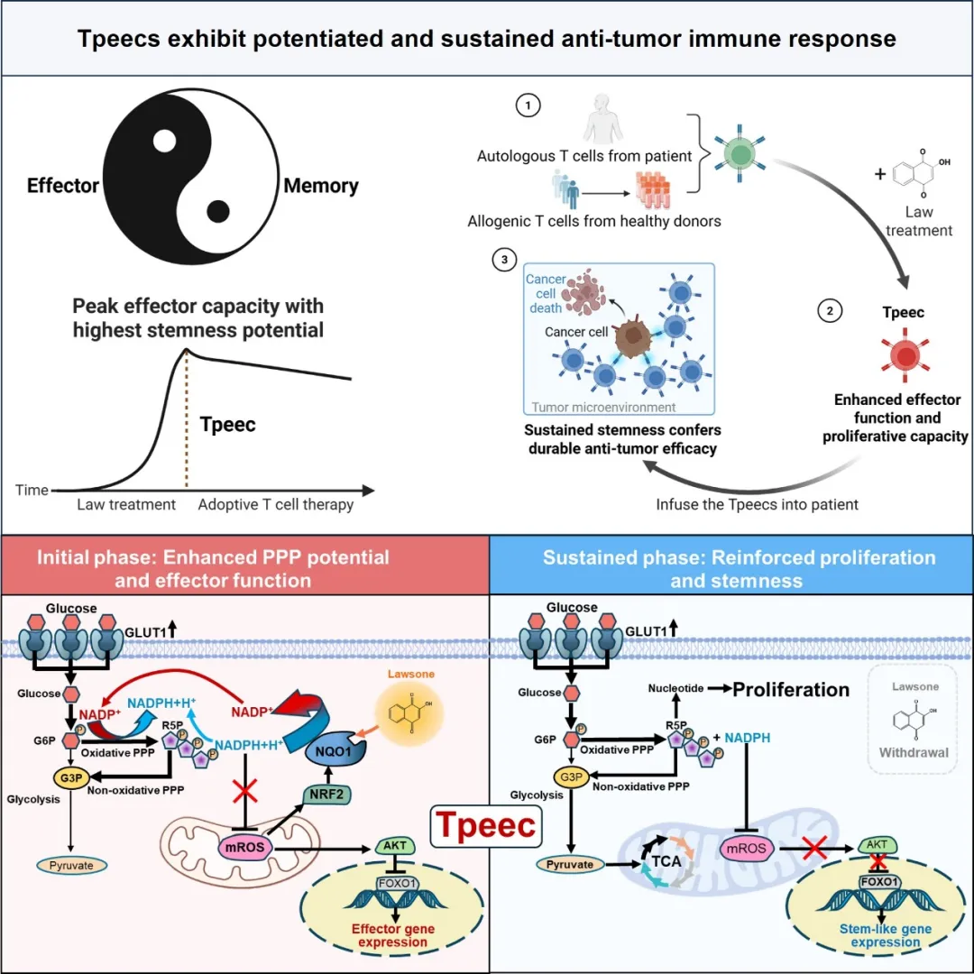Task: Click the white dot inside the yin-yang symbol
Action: click(x=164, y=142)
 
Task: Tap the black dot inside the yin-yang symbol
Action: click(x=217, y=212)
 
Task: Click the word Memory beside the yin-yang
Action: click(x=321, y=187)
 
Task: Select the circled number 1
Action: click(x=527, y=106)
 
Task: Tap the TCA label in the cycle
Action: click(x=667, y=862)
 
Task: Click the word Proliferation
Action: click(x=791, y=690)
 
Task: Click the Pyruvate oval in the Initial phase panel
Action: click(x=71, y=865)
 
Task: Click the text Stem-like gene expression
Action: click(x=887, y=935)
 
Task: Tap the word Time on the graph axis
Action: click(x=32, y=491)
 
